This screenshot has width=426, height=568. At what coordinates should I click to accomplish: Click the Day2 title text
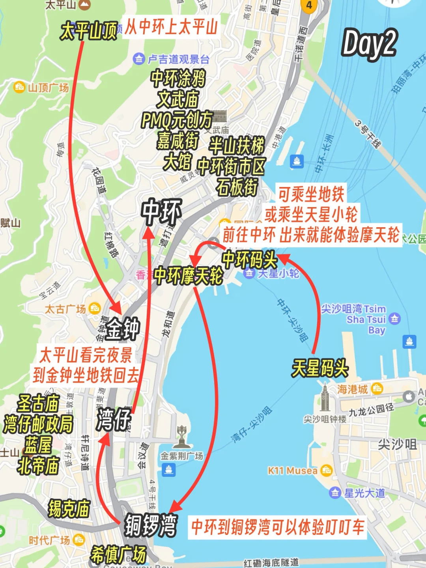click(x=369, y=44)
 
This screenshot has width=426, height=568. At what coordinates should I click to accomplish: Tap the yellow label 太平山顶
click(x=88, y=31)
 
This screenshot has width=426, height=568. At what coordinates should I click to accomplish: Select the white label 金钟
click(x=123, y=329)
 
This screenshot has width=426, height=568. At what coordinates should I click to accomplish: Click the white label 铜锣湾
click(x=150, y=525)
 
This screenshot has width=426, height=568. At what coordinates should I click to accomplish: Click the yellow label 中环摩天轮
click(x=188, y=276)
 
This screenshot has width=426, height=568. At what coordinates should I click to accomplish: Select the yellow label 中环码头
click(x=249, y=260)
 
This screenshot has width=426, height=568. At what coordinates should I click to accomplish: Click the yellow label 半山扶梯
click(x=236, y=146)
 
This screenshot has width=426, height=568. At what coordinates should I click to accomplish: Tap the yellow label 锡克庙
click(x=69, y=508)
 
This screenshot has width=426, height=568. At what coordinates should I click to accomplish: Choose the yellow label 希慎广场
click(x=118, y=555)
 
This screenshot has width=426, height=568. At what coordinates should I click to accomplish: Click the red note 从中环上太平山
click(x=171, y=27)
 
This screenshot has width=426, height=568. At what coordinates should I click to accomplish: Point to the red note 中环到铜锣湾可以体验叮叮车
click(x=277, y=527)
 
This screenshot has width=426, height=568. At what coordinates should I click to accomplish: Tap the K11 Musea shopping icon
click(x=327, y=470)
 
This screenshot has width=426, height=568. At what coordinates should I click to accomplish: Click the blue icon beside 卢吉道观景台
click(x=138, y=59)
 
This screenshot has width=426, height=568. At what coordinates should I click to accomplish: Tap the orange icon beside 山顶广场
click(x=19, y=87)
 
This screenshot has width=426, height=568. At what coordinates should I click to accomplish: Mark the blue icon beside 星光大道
click(x=335, y=493)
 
